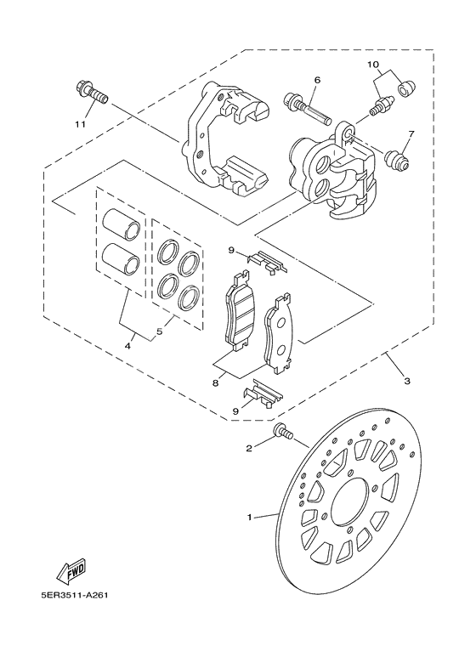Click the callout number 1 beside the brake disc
[251, 516]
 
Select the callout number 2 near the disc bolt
[249, 448]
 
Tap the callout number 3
[407, 381]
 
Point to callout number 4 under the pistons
[129, 345]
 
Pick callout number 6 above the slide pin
[316, 80]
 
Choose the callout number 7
[411, 134]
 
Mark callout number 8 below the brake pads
[216, 383]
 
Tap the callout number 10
[372, 65]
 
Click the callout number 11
[81, 124]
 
